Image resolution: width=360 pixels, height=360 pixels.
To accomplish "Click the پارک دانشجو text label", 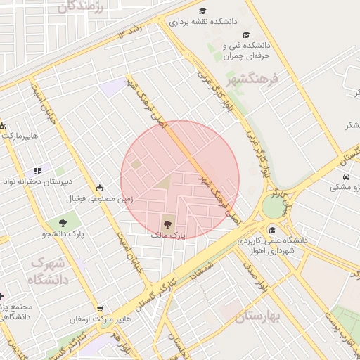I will coord(45,233).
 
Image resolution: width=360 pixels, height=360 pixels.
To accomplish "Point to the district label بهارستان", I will coord(257,316).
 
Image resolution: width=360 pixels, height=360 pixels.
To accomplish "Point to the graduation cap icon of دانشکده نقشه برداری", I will coord(202,11).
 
